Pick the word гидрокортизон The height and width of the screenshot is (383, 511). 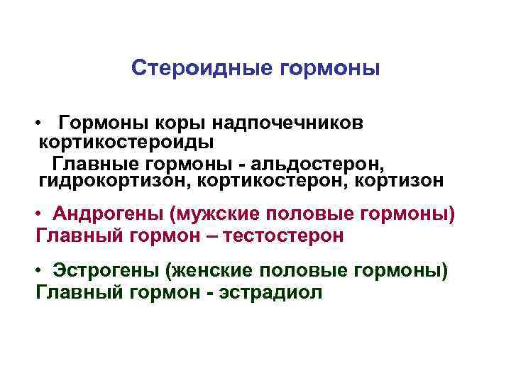114,181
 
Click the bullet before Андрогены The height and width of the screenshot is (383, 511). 43,214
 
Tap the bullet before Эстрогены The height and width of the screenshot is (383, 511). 43,272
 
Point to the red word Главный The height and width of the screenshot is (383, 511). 74,235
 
